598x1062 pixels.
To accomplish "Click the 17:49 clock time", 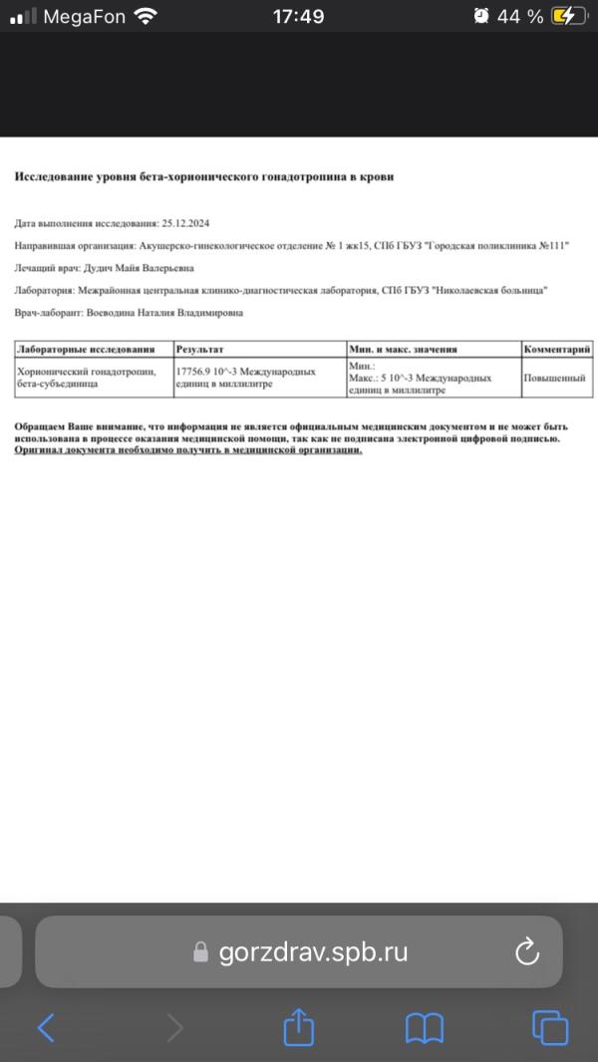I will pos(298,16).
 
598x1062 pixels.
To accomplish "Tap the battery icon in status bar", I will pos(569,16).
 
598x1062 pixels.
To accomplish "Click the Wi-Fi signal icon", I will pos(146,16).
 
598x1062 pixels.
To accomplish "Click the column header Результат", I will pos(200,350).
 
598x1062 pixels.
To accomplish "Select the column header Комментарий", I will pos(557,350).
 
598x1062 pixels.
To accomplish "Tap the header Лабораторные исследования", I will pos(88,350).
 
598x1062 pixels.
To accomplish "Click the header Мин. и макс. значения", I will pos(403,350).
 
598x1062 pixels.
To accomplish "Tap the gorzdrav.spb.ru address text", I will pos(313,951).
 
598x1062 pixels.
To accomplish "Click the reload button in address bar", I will pos(527,951).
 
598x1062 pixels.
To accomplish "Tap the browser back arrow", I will pos(46,1028).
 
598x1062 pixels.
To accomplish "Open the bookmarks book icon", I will pos(424,1028).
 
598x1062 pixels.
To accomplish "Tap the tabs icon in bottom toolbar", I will pos(549,1028).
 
